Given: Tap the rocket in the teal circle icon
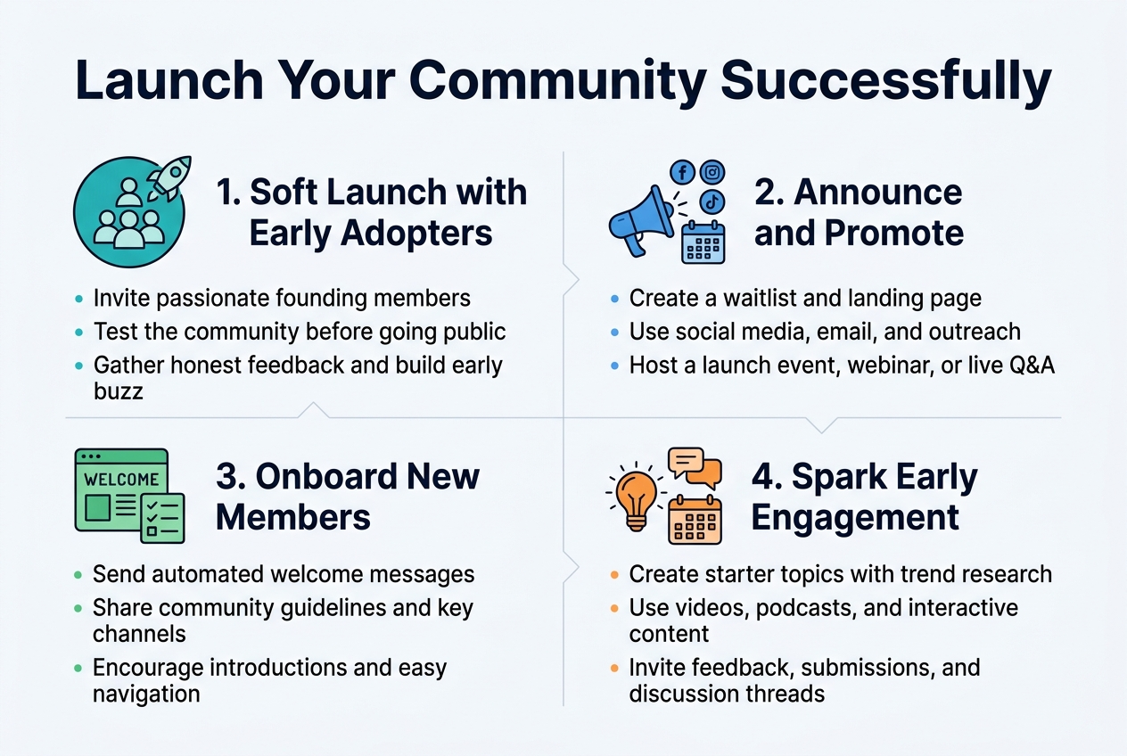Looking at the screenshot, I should pos(169,178).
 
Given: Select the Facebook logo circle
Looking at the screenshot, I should pos(682,172).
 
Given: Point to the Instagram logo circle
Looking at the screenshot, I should pos(712,171).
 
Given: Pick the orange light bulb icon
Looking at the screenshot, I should pos(637,496).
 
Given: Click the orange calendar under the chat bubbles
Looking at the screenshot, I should pos(695,519).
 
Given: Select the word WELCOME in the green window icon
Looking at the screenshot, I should pos(121,479).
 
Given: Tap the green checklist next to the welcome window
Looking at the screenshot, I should pos(162,517).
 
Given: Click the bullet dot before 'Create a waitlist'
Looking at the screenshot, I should pos(613,299).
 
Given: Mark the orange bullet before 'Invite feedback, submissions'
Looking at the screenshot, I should pos(613,668).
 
